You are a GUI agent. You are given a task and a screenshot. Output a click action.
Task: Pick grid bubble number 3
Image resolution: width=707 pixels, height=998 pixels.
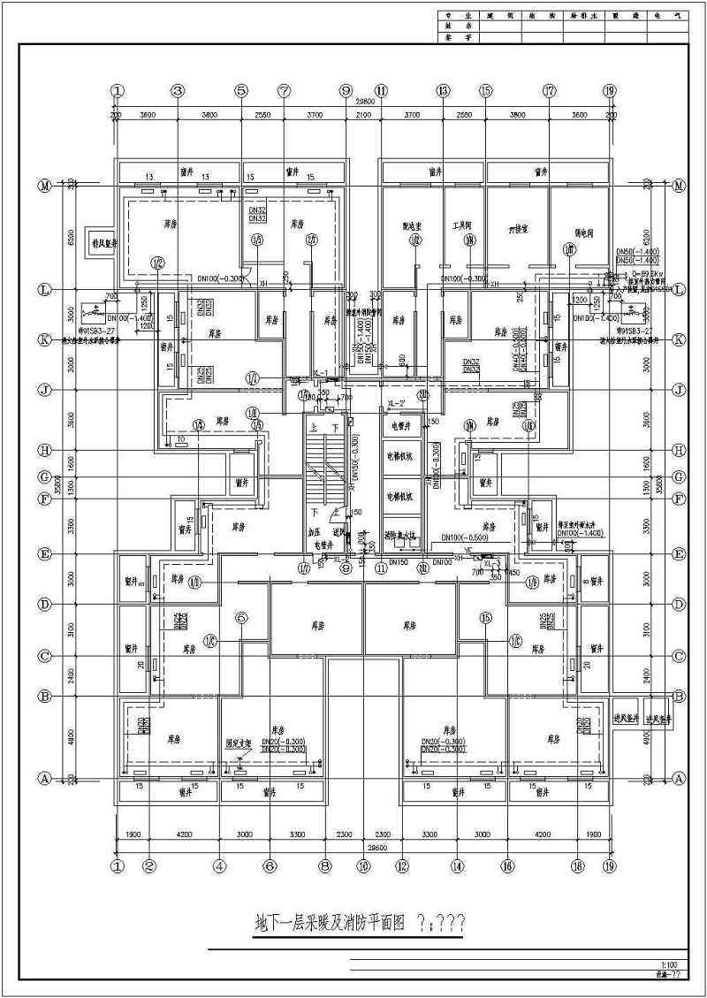pyautogui.click(x=177, y=90)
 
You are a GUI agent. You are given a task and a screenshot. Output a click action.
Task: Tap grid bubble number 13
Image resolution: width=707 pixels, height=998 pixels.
pyautogui.click(x=444, y=90)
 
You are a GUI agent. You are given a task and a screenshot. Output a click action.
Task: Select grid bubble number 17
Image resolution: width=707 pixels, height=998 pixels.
pyautogui.click(x=550, y=90)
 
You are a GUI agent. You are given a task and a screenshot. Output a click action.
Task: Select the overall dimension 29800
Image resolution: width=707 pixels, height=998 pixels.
pyautogui.click(x=363, y=102)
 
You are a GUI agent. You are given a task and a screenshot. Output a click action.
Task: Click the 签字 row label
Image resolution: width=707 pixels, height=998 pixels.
pyautogui.click(x=459, y=38)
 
